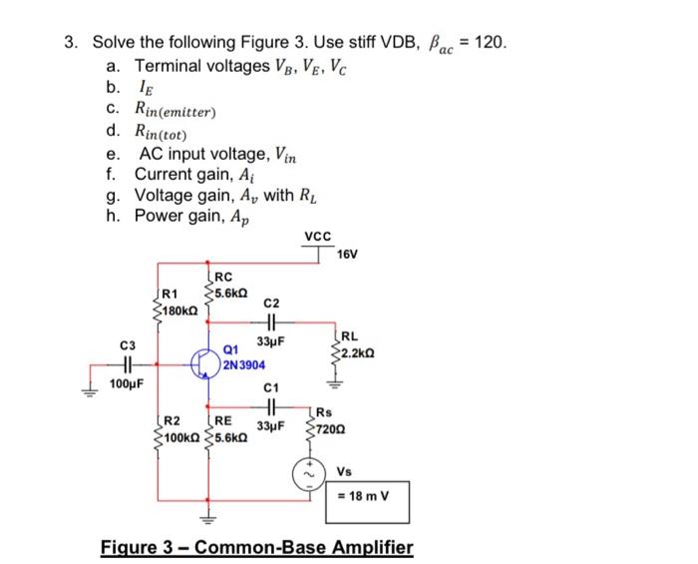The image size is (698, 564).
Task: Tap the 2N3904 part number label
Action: tap(243, 365)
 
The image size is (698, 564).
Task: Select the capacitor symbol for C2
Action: tap(272, 322)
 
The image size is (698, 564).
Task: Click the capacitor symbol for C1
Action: tap(271, 407)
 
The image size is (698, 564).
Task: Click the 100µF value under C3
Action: tap(127, 383)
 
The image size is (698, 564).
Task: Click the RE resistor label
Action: tap(224, 421)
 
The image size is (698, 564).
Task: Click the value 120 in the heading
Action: tap(491, 43)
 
